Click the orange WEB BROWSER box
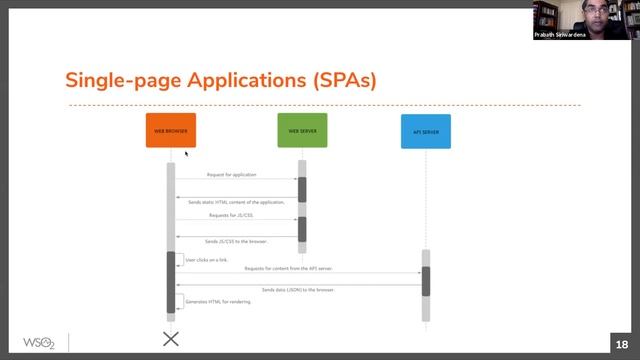click(170, 130)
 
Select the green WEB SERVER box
click(302, 130)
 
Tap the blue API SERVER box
click(425, 131)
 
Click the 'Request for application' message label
click(231, 174)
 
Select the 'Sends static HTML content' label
click(237, 202)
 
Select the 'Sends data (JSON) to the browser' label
click(298, 289)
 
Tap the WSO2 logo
click(39, 341)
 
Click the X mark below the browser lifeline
click(171, 339)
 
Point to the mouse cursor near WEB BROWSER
click(186, 153)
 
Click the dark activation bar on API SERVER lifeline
click(425, 281)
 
